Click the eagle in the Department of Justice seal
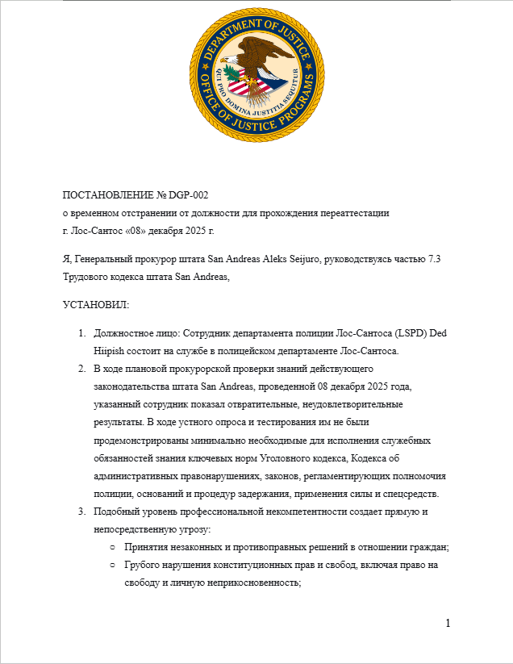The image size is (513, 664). (256, 65)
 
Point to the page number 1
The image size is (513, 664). (448, 623)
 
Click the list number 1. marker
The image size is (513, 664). (81, 333)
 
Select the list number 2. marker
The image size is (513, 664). (81, 368)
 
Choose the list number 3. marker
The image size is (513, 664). (81, 512)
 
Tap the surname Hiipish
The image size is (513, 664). (111, 350)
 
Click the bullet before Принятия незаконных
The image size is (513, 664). (113, 547)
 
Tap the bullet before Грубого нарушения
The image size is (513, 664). (113, 566)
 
